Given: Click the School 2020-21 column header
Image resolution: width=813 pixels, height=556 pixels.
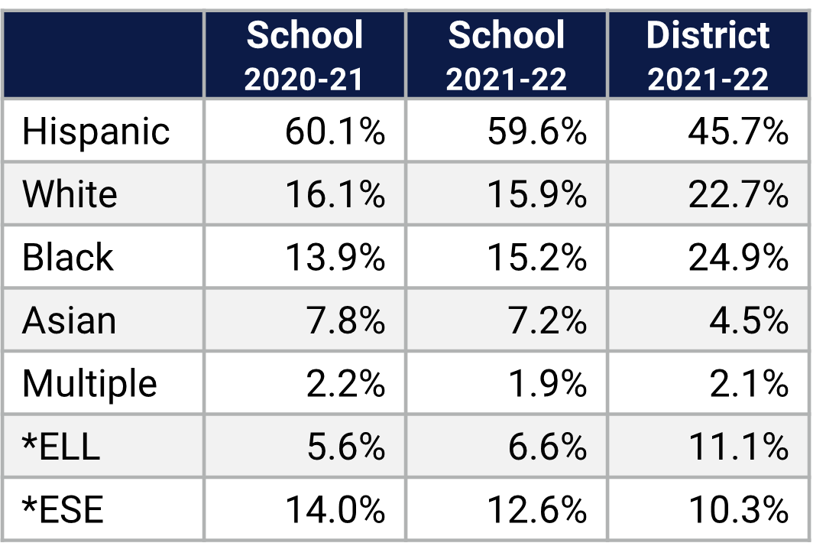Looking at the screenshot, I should coord(304,55).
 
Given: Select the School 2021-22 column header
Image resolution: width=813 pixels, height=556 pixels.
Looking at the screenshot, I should coord(507,55).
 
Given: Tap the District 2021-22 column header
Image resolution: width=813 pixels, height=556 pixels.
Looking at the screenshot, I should coord(708,55).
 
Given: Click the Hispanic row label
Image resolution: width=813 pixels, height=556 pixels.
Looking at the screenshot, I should coord(96,132).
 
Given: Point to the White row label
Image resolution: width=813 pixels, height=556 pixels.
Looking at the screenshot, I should coord(70,194).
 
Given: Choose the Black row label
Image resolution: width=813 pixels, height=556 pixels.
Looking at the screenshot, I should coord(67,257).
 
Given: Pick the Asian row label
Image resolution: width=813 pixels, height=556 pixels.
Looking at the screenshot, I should coord(69,320).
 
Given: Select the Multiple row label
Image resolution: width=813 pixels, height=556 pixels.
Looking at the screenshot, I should coord(89,382).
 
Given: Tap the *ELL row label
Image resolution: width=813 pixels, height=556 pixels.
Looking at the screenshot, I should coord(61,446).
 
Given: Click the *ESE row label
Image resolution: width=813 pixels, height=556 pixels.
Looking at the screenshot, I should coord(63,509).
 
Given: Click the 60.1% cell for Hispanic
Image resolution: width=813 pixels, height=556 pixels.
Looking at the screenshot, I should coord(335,132).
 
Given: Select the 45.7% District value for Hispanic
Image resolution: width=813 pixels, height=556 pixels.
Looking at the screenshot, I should coord(738,132).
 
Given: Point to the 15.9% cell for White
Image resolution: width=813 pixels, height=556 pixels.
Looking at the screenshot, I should coord(536,194).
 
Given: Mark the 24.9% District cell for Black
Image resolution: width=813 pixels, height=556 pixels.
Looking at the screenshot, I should coord(738,257).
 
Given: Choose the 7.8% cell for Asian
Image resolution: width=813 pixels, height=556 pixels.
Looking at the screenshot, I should coord(345,320).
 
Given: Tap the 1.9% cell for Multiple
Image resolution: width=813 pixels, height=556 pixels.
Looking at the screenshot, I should coord(547,382).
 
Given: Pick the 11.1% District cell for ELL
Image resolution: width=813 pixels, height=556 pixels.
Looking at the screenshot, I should coord(738,446).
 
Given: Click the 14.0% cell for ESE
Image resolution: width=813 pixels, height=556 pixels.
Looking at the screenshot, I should coord(335,509).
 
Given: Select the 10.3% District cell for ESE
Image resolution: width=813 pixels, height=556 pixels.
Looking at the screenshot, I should coord(738,509).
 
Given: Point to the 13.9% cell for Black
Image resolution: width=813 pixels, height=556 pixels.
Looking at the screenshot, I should coord(335,257).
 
